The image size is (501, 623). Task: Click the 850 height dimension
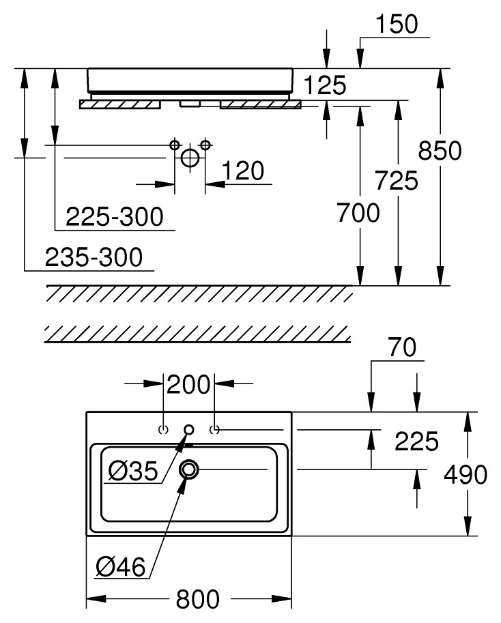pyautogui.click(x=440, y=151)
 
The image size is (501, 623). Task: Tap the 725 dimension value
pyautogui.click(x=397, y=180)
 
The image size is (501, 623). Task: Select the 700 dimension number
pyautogui.click(x=358, y=213)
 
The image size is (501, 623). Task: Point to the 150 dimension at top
pyautogui.click(x=397, y=24)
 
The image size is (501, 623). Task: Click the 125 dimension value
pyautogui.click(x=325, y=85)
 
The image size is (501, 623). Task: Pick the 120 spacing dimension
pyautogui.click(x=243, y=171)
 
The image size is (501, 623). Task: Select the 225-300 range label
pyautogui.click(x=115, y=216)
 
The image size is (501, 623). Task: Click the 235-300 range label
pyautogui.click(x=94, y=257)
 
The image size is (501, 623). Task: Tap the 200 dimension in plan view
pyautogui.click(x=188, y=384)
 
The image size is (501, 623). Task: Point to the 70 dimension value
pyautogui.click(x=403, y=347)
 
